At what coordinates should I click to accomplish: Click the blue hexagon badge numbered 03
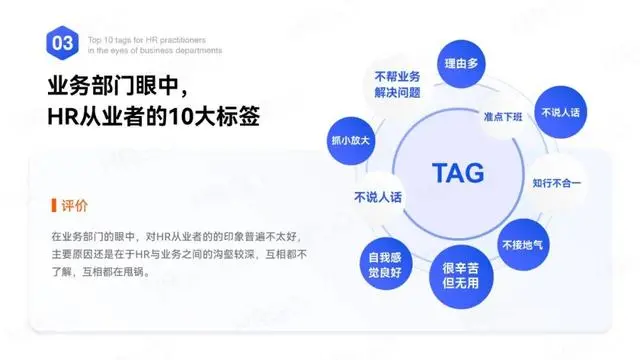(x=62, y=43)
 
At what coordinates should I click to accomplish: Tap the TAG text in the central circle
(x=458, y=173)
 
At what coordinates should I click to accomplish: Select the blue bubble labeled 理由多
(x=461, y=64)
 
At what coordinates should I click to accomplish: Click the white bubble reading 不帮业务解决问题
(x=397, y=84)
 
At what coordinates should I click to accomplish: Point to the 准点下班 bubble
(x=503, y=117)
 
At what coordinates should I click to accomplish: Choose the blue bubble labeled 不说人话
(x=560, y=112)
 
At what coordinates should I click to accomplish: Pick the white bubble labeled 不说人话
(x=378, y=198)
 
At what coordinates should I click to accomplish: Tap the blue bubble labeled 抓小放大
(x=351, y=141)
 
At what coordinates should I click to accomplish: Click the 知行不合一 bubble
(x=556, y=183)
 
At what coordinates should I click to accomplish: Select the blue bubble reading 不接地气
(x=522, y=245)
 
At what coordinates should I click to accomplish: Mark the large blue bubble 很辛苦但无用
(x=461, y=276)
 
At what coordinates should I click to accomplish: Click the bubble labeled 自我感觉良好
(x=385, y=264)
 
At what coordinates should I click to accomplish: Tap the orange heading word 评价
(x=74, y=206)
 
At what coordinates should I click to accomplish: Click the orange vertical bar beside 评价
(x=53, y=206)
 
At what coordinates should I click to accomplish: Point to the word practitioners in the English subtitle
(x=182, y=40)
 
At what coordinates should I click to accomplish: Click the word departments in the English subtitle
(x=198, y=51)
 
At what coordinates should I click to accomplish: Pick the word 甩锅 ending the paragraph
(x=133, y=272)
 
